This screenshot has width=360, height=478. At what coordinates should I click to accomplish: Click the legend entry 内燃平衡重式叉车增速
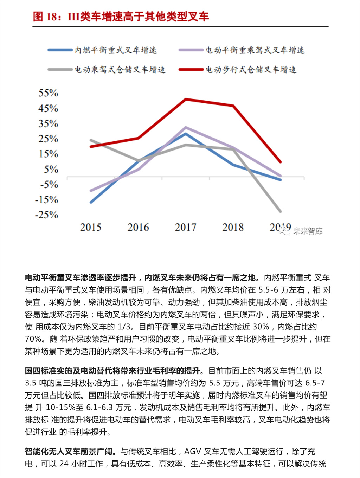coord(115,50)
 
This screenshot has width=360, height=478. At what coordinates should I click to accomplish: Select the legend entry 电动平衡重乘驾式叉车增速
coord(255,50)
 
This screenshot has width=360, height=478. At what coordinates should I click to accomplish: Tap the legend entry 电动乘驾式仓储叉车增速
coord(120,70)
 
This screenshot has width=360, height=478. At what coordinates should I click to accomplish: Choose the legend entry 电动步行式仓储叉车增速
coord(251,70)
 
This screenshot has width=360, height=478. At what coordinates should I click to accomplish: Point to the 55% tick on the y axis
coord(48,93)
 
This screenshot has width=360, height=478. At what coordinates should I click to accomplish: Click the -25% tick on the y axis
coord(46,215)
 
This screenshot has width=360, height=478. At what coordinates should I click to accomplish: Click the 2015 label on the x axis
coord(91,227)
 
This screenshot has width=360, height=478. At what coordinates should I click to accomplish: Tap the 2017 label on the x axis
coord(186,227)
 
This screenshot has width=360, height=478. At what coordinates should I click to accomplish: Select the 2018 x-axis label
coord(233,227)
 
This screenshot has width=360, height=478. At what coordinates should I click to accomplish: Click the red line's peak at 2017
coord(186,99)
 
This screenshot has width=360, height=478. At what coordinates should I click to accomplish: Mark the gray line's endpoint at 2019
coord(281,212)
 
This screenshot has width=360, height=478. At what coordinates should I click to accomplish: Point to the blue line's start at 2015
coord(91,203)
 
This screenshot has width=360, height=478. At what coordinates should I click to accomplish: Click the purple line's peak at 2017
coord(186,127)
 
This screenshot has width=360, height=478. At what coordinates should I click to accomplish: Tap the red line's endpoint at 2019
coord(281,162)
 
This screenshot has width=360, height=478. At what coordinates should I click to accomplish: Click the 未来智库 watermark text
coord(308,231)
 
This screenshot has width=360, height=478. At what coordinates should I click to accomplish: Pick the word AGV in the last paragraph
coord(193,452)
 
